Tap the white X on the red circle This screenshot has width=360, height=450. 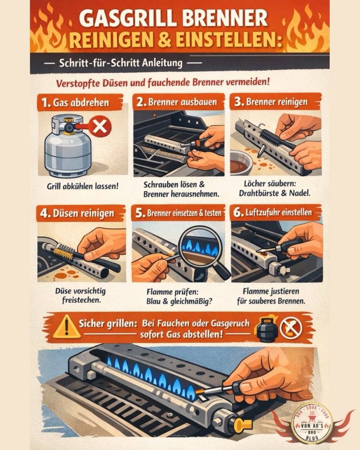(x=100, y=127)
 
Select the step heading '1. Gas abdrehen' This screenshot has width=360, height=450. (x=75, y=102)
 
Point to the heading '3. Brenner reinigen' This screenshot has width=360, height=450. (x=271, y=102)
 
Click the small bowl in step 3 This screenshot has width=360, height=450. (x=241, y=162)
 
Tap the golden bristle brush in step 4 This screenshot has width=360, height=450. (x=62, y=252)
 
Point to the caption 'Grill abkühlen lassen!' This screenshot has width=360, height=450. (x=83, y=186)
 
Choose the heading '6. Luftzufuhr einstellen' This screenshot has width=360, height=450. (x=273, y=212)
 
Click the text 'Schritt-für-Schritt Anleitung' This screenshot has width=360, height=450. (x=121, y=63)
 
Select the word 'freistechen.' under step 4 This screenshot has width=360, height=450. (x=82, y=300)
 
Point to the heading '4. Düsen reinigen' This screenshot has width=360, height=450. (x=77, y=214)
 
